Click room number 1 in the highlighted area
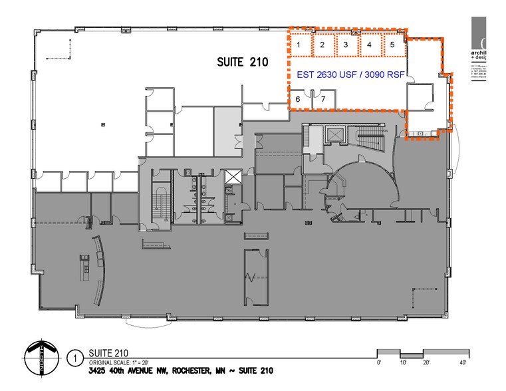[300, 45]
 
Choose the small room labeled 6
[298, 99]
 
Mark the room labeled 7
[323, 99]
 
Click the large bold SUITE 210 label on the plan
[242, 63]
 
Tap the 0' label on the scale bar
[378, 362]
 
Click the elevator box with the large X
[233, 179]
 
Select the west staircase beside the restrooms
[160, 203]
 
